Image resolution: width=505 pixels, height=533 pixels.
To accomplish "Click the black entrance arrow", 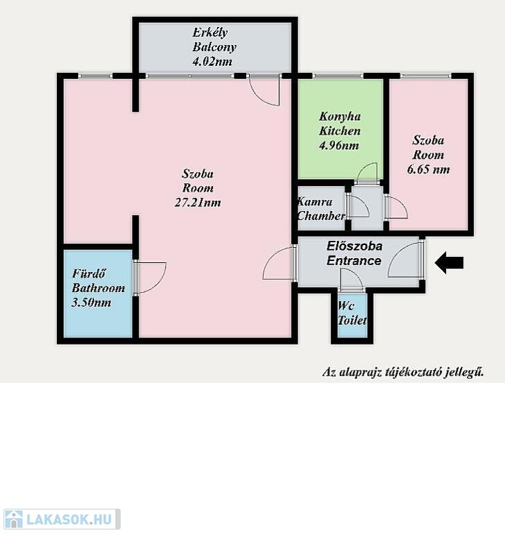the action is pyautogui.click(x=449, y=262).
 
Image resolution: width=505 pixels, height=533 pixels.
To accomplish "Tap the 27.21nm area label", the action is pyautogui.click(x=198, y=203).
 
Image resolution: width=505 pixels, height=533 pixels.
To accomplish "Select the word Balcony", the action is pyautogui.click(x=214, y=47).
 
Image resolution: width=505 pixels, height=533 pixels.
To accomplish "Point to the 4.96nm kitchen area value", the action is pyautogui.click(x=339, y=146).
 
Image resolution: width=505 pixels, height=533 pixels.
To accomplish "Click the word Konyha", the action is pyautogui.click(x=340, y=117).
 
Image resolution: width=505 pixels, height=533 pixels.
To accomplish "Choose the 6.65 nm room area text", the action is pyautogui.click(x=428, y=169).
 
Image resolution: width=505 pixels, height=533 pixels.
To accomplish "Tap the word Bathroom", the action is pyautogui.click(x=99, y=288).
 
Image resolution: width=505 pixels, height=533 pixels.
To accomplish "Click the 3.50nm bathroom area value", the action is pyautogui.click(x=92, y=303).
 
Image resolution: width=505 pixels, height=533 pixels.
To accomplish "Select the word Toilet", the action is pyautogui.click(x=352, y=320).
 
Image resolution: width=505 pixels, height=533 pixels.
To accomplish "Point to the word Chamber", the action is pyautogui.click(x=321, y=216).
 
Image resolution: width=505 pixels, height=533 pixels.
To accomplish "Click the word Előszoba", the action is pyautogui.click(x=354, y=246).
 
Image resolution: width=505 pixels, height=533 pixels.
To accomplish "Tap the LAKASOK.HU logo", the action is pyautogui.click(x=62, y=518).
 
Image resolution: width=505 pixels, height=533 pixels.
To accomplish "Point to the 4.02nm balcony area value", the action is pyautogui.click(x=212, y=62).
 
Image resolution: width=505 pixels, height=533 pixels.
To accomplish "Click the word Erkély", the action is pyautogui.click(x=210, y=33).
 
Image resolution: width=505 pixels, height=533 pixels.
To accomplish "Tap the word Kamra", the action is pyautogui.click(x=315, y=201).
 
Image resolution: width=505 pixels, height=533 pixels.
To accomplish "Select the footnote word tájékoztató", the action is pyautogui.click(x=413, y=372).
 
